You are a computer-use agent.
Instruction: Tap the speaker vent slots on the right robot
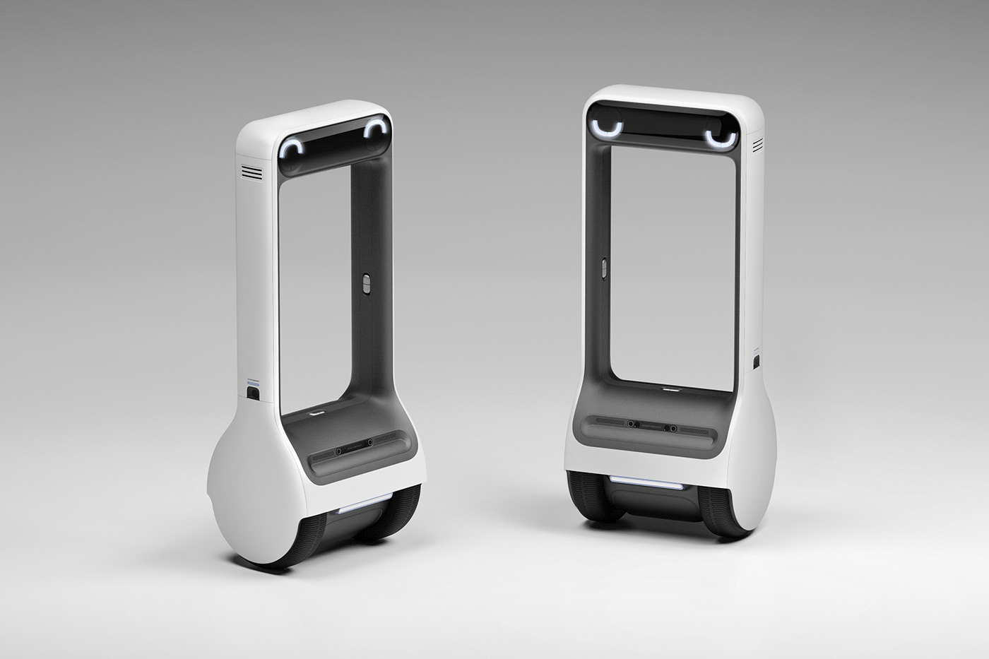point(758,146)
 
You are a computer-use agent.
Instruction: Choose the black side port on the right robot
point(757,363)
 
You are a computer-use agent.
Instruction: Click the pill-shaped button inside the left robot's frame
point(365,283)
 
